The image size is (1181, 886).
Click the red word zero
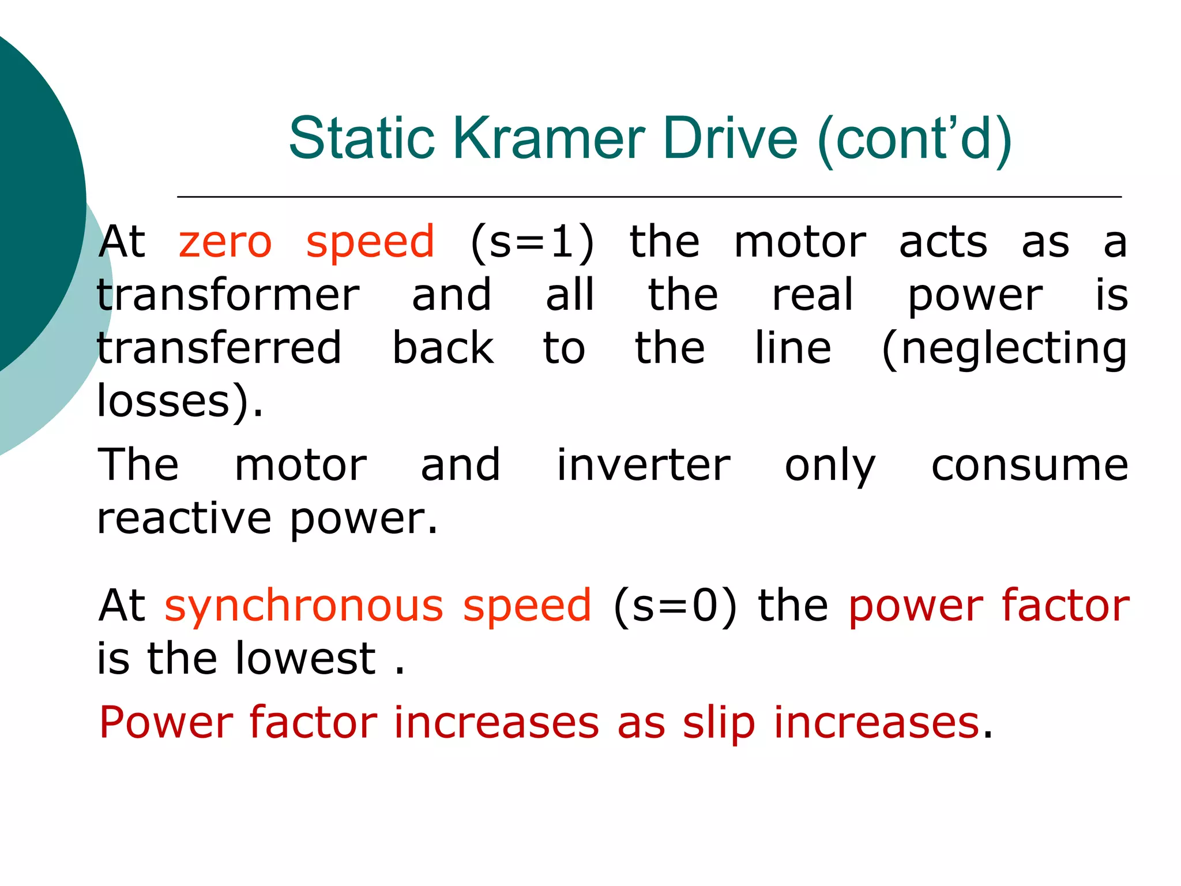coord(225,242)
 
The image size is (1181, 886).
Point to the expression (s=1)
coord(532,243)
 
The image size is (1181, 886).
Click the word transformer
coord(228,295)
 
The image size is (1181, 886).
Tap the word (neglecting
coord(1004,349)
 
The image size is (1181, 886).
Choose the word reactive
coord(184,519)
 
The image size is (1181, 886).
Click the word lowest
coord(306,659)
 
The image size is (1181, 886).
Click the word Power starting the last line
coord(166,723)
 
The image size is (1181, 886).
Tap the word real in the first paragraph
coord(812,295)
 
